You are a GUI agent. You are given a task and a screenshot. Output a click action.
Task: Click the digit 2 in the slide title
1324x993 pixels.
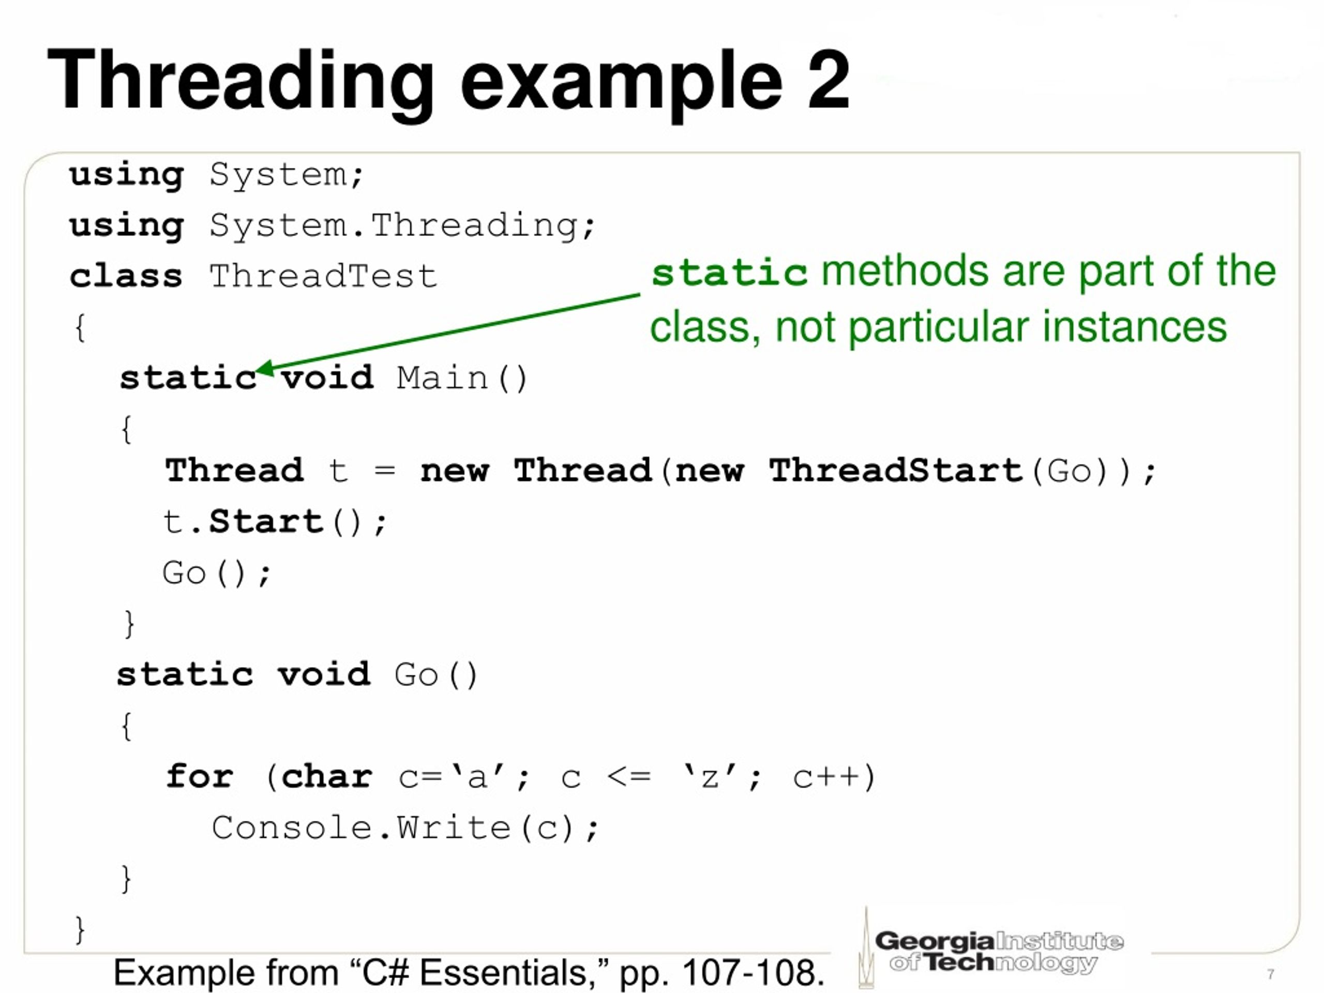(828, 79)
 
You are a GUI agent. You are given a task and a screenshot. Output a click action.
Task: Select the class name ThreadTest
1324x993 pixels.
(323, 277)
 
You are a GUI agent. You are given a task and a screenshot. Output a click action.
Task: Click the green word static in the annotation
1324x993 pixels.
(729, 273)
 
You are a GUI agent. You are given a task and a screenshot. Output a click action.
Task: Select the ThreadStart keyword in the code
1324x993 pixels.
(895, 471)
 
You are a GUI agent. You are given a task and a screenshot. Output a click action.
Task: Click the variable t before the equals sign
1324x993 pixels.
(338, 471)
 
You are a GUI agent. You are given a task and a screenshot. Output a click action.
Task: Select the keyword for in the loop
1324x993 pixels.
(199, 777)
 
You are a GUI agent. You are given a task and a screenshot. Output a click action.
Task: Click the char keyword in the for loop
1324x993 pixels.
(327, 777)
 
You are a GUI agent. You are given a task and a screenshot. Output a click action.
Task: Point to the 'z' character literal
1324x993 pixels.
(709, 777)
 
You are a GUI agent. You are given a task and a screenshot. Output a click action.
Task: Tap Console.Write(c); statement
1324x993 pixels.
(404, 829)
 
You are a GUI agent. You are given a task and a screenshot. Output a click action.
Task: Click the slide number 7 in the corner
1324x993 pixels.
(1271, 974)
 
